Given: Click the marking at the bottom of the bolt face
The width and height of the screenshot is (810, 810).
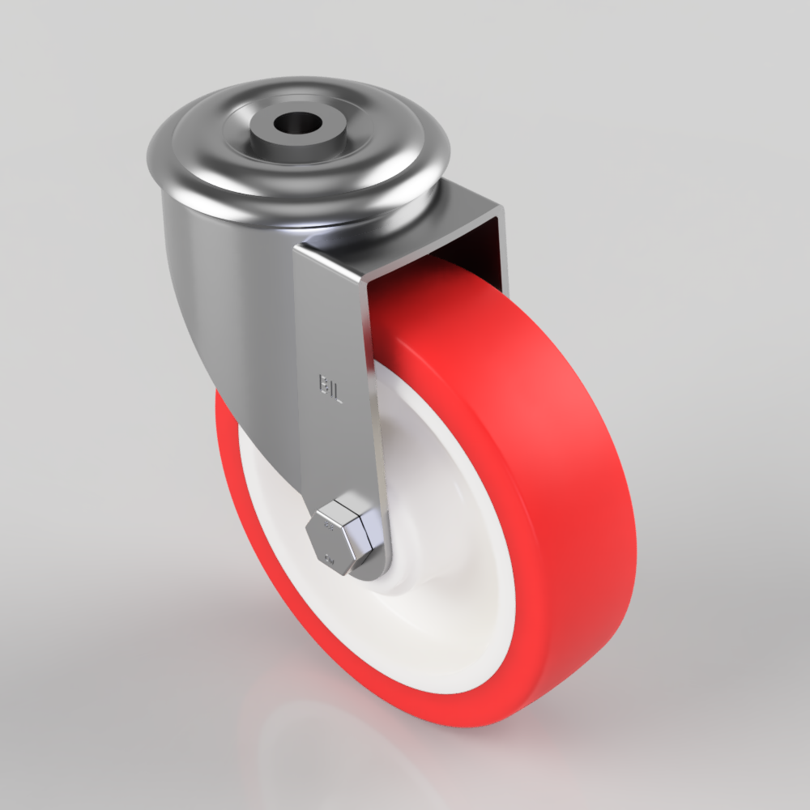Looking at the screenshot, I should tap(329, 558).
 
